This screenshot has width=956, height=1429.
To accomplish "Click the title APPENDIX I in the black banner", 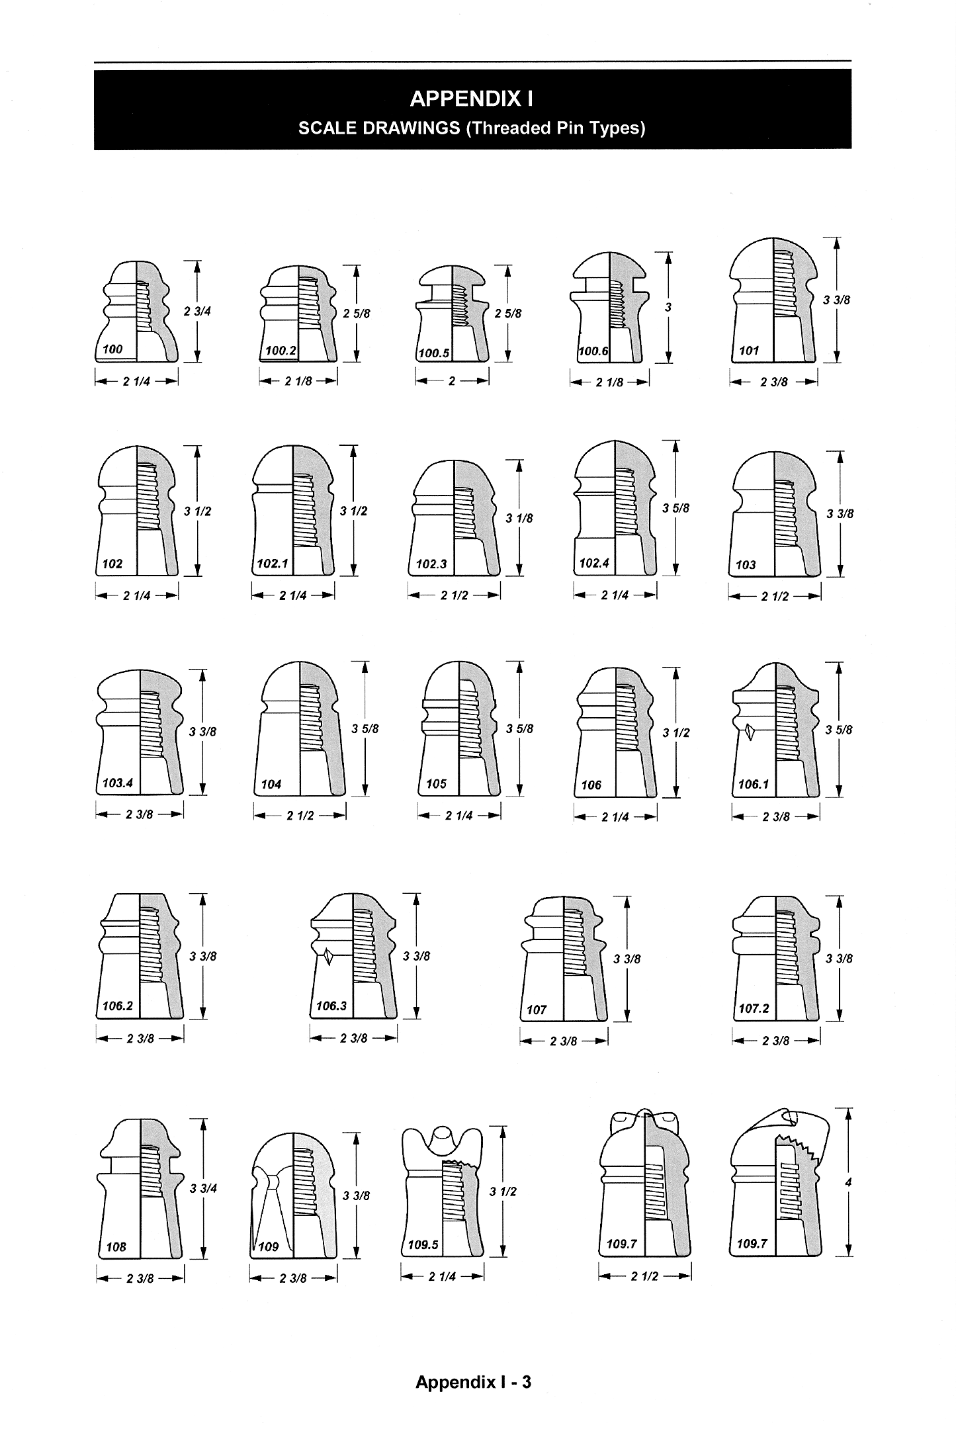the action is [472, 99].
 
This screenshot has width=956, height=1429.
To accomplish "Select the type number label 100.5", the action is [433, 353].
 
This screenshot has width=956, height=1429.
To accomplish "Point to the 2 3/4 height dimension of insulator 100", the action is [197, 311].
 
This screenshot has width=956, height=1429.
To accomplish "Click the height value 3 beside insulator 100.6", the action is [668, 308].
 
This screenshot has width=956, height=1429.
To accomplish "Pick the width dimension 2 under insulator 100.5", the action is [452, 381].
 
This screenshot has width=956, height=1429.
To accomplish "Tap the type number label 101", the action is [749, 351].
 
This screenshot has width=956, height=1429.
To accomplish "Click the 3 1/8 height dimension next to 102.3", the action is [519, 519].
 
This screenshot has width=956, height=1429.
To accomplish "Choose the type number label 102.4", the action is [593, 563].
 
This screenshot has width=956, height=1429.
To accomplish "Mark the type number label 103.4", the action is [118, 783].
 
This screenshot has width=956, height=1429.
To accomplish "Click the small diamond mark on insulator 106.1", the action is [750, 732].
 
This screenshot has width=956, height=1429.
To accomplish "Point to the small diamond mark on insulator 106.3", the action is [328, 957].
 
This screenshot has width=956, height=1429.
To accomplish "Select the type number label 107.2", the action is [754, 1009].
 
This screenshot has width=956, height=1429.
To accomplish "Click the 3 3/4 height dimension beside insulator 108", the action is [203, 1188].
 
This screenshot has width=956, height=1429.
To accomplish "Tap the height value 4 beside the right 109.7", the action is [848, 1183].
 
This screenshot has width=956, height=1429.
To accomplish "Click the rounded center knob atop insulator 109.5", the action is [441, 1140].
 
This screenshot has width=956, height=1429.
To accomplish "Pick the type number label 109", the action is [269, 1246].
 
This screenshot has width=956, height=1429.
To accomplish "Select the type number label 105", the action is [436, 784].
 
